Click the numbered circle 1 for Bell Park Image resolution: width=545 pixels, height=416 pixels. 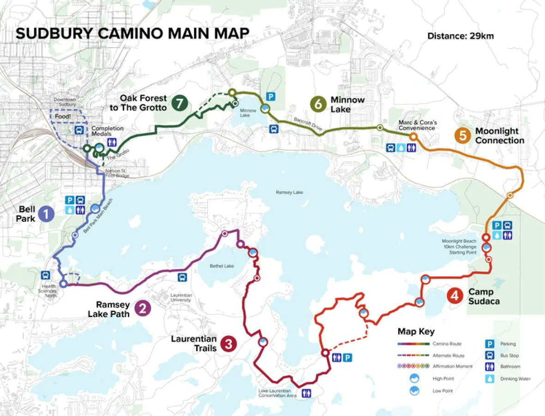[46, 214]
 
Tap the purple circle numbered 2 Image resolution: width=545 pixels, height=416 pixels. [142, 308]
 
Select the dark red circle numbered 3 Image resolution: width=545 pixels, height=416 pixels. [229, 343]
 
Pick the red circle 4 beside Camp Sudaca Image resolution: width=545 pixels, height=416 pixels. [455, 296]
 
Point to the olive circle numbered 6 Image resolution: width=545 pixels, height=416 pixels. [318, 104]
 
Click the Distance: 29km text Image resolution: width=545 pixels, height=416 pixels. [460, 36]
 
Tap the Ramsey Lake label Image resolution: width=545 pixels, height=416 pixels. [289, 192]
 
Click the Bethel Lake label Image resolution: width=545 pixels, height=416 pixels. [219, 266]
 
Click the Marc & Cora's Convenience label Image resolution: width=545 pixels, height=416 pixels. [417, 125]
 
